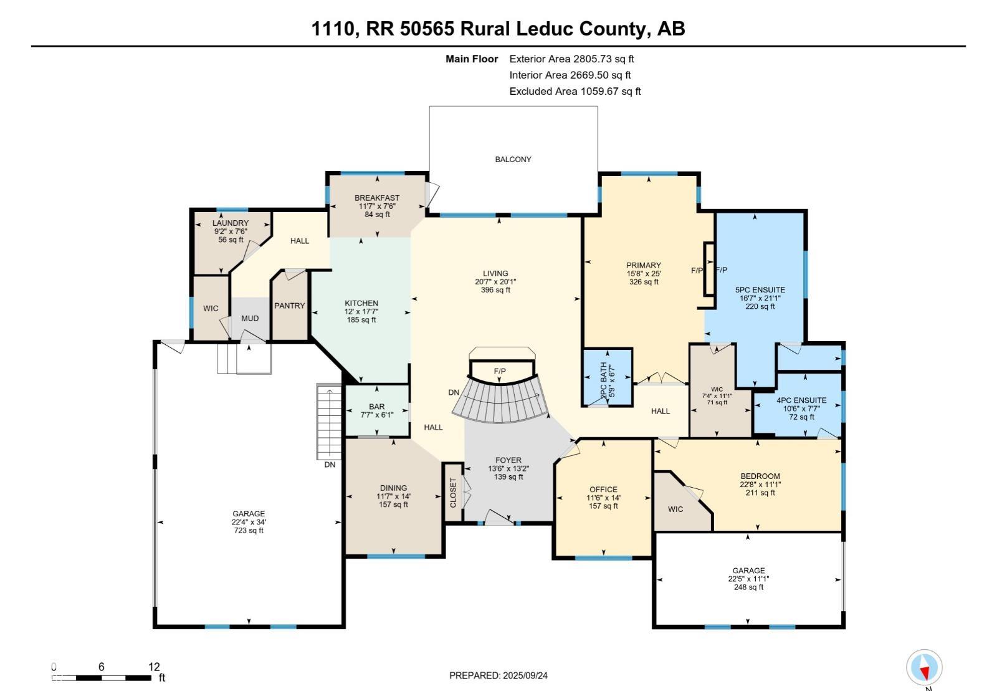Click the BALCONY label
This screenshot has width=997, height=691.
point(513,160)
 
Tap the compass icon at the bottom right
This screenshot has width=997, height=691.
point(924,667)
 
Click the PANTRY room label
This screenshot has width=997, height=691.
point(290,306)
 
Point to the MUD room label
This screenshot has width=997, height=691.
point(250,318)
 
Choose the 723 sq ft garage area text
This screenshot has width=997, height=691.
point(249,531)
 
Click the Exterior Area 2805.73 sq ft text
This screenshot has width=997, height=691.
point(571,59)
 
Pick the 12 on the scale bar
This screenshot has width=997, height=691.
point(154,667)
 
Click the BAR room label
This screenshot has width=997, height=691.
point(376,407)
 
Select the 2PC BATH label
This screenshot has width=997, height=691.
point(603,380)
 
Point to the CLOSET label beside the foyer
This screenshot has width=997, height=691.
point(453,493)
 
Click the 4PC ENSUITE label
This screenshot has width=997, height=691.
point(801,400)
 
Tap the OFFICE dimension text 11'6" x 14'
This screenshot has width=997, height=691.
point(603,498)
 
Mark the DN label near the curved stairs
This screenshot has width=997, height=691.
point(454,392)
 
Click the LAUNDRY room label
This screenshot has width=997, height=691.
point(230,223)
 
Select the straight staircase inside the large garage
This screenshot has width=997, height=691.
point(329,422)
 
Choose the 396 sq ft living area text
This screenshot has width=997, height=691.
point(495,290)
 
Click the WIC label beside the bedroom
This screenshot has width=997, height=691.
point(675,509)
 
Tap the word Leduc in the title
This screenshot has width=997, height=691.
point(545,29)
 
